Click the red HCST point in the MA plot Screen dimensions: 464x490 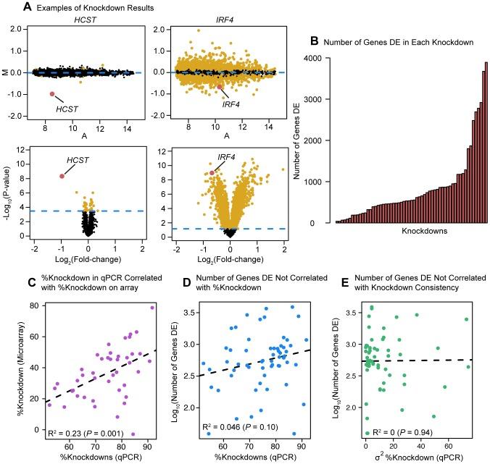[52, 93]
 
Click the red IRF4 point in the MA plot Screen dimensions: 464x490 [221, 87]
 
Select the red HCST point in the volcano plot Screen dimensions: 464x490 [62, 176]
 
